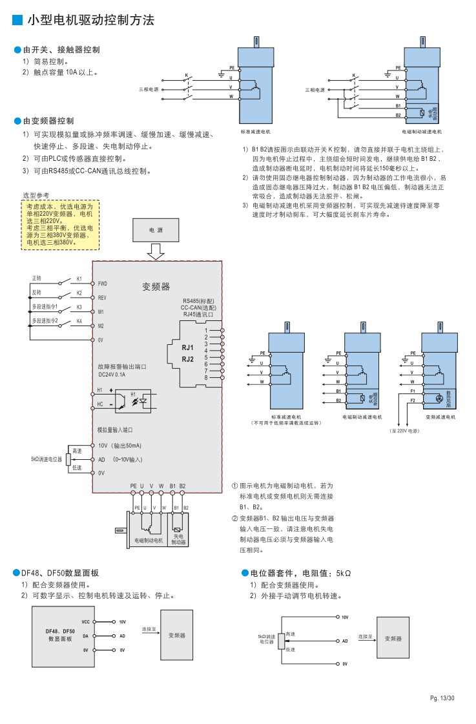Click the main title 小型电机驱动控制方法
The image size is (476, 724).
coord(90,21)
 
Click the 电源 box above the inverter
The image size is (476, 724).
coord(156,229)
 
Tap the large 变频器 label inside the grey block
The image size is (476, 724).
coord(156,286)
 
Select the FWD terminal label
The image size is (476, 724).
coord(102,284)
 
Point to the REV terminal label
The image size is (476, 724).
coord(102,298)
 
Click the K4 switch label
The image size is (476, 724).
coord(79,321)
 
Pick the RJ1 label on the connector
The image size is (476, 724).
coord(188,347)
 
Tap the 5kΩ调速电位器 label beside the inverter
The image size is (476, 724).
coord(46,459)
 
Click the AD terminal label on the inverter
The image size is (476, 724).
coord(101,459)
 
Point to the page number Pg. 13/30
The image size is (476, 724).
coord(443,698)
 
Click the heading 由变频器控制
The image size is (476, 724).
coord(48,121)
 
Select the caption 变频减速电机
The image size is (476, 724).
coord(441,417)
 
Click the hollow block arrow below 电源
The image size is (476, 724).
coord(156,251)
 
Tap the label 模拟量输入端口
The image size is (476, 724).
coord(115,429)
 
